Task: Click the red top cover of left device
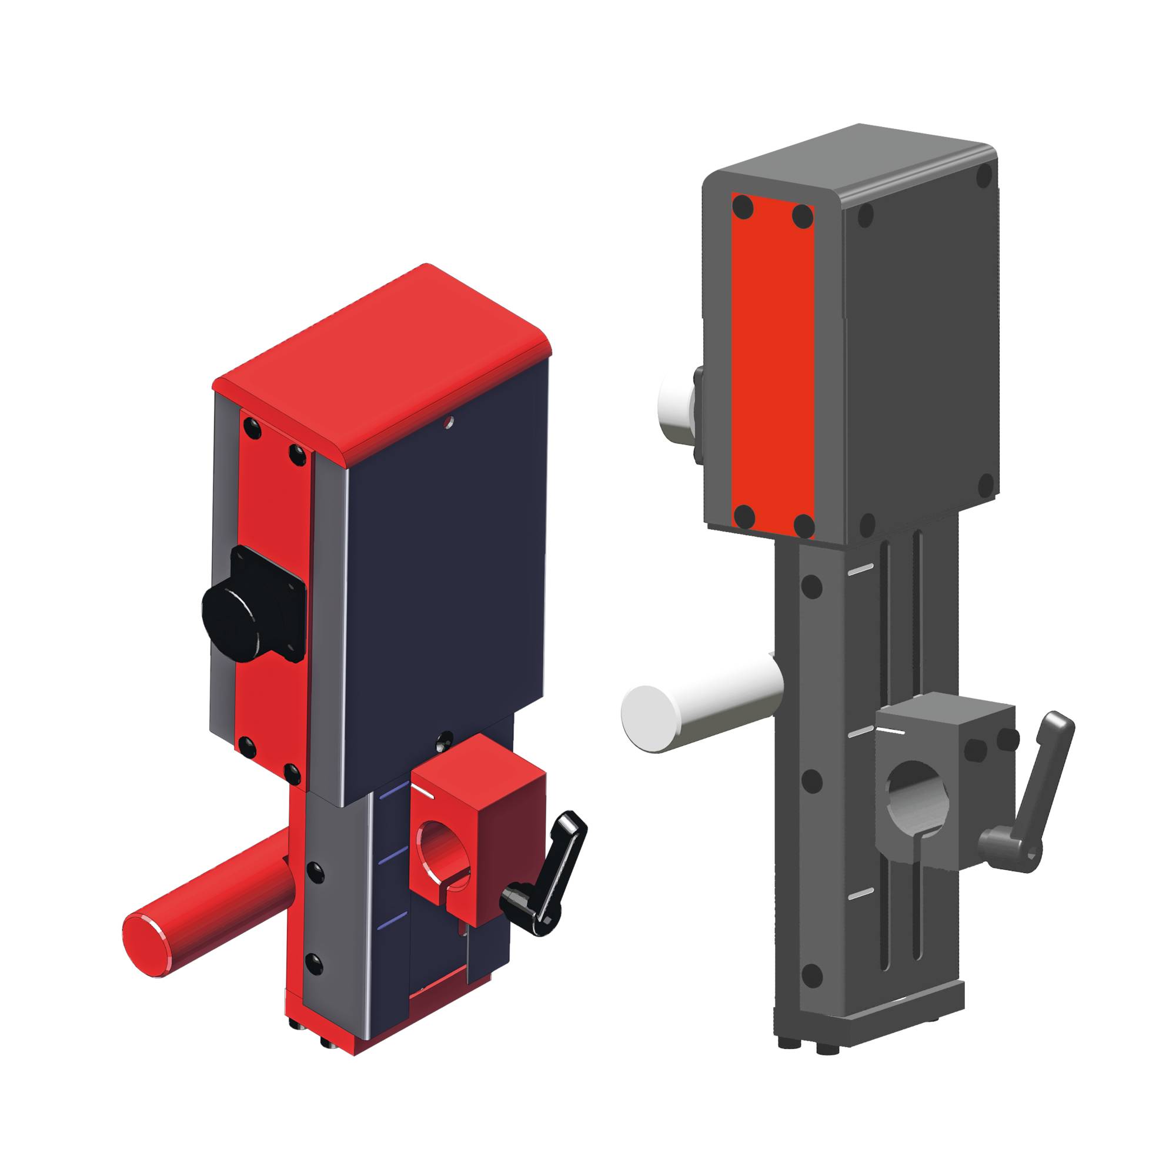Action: coord(383,359)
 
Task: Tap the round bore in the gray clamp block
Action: coord(917,791)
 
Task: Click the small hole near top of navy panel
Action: coord(449,420)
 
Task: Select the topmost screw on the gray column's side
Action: coord(813,587)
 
